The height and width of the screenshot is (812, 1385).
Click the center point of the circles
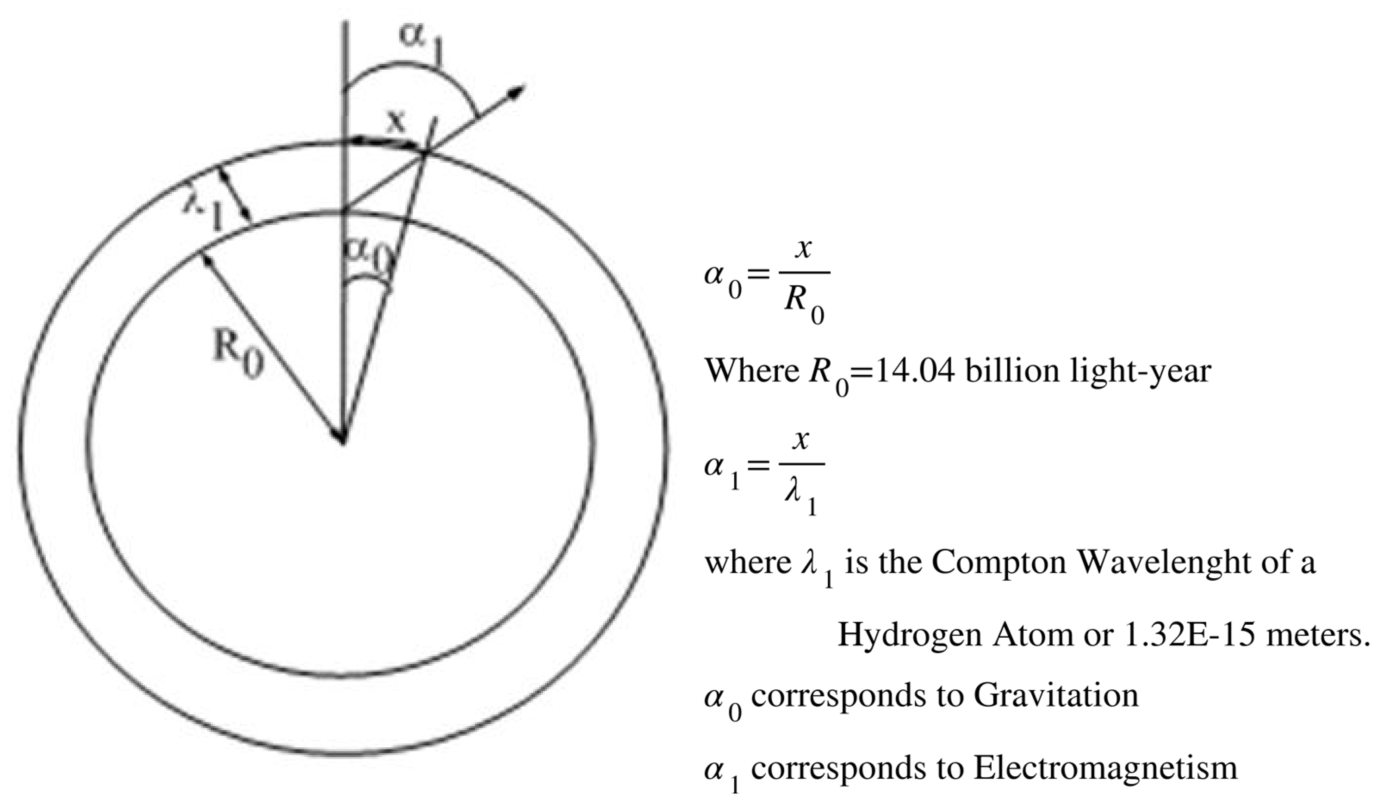[342, 438]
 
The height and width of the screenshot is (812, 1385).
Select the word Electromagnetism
[1105, 768]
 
